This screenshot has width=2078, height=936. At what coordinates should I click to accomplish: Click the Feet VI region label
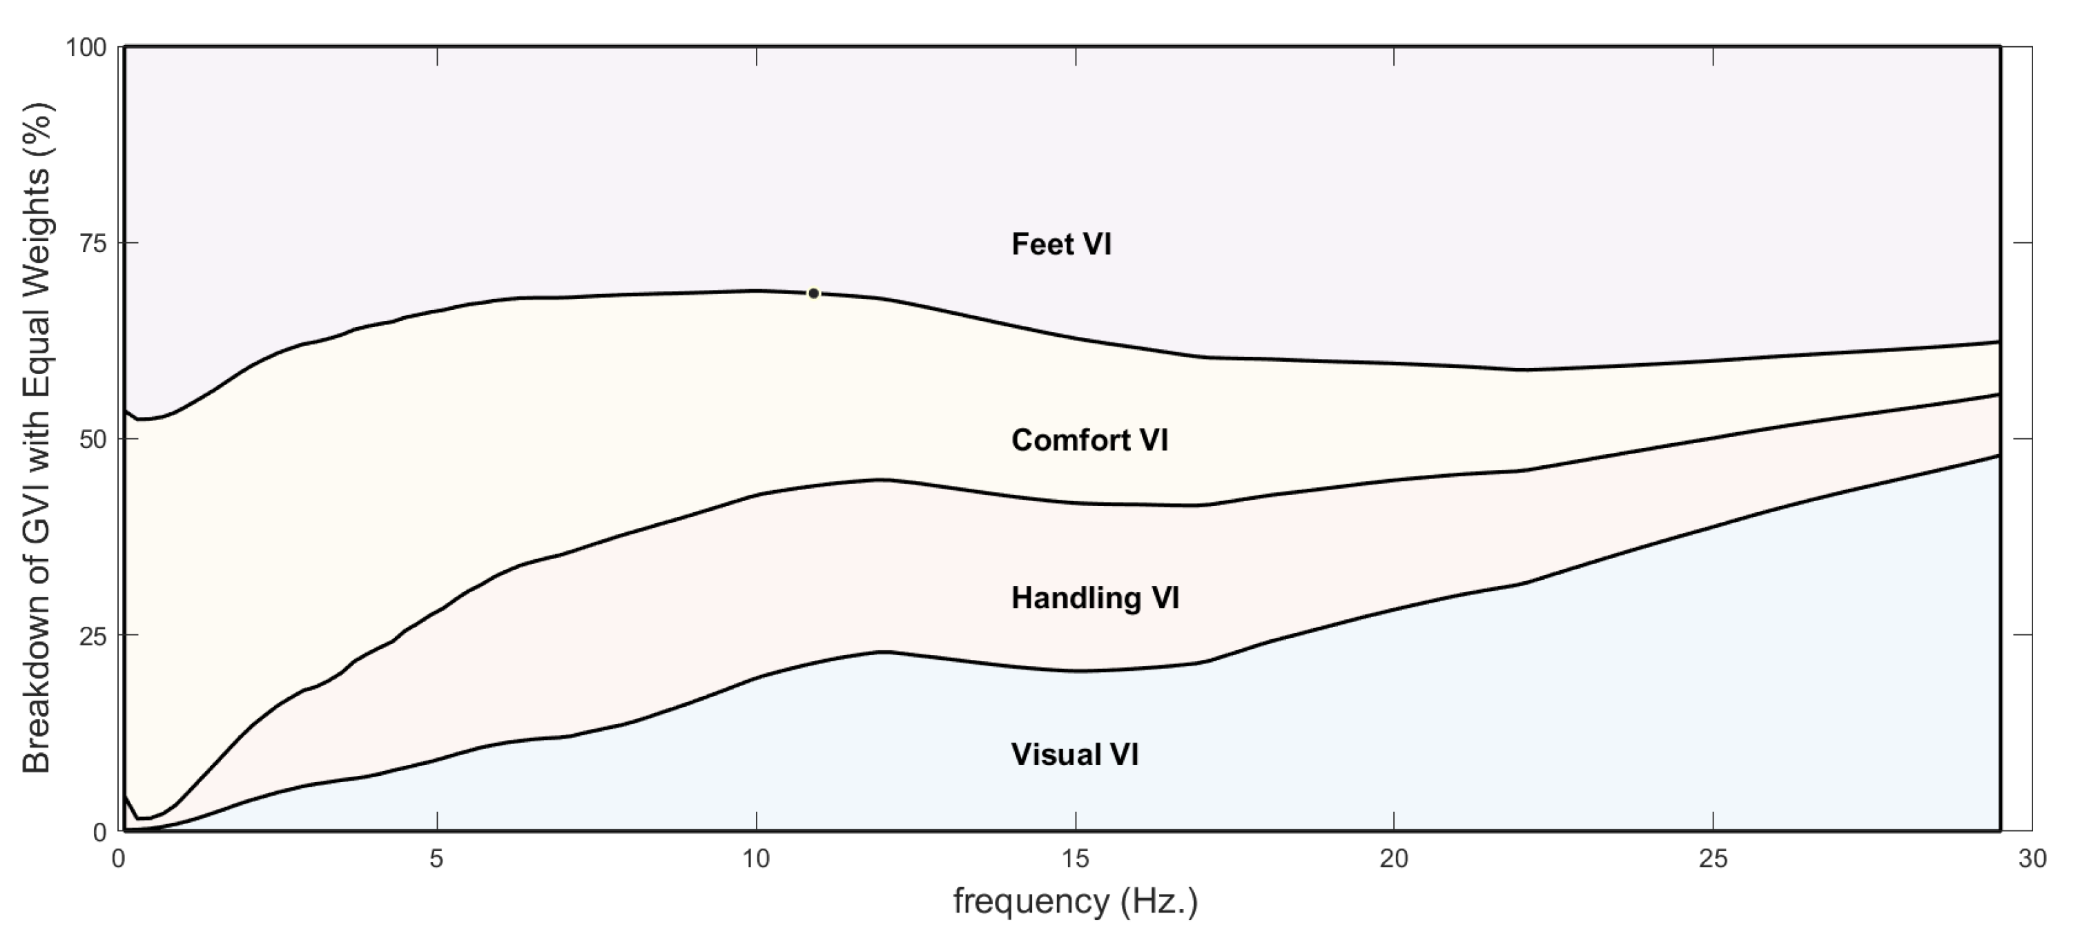click(x=1061, y=244)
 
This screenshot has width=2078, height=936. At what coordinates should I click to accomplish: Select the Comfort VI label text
click(x=1089, y=440)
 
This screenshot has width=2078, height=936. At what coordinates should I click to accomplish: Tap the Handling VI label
click(x=1095, y=598)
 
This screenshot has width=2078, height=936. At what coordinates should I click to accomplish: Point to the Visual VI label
click(x=1074, y=754)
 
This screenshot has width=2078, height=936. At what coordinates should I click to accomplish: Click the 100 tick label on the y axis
click(x=86, y=48)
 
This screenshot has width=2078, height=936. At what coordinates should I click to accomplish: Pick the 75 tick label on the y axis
click(x=91, y=244)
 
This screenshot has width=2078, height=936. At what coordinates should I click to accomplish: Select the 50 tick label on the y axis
click(x=91, y=440)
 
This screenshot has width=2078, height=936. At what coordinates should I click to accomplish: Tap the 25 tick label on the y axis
click(x=91, y=636)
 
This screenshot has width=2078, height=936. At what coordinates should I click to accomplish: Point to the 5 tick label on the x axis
click(x=436, y=859)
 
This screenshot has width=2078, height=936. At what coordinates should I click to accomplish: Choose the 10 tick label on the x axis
click(x=756, y=859)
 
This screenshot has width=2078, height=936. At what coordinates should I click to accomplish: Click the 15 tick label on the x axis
click(x=1076, y=859)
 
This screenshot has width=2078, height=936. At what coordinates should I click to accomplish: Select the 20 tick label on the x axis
click(x=1394, y=859)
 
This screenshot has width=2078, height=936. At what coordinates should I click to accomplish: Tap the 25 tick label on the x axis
click(x=1713, y=859)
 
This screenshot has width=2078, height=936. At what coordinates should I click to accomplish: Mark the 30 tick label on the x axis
click(x=2032, y=859)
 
